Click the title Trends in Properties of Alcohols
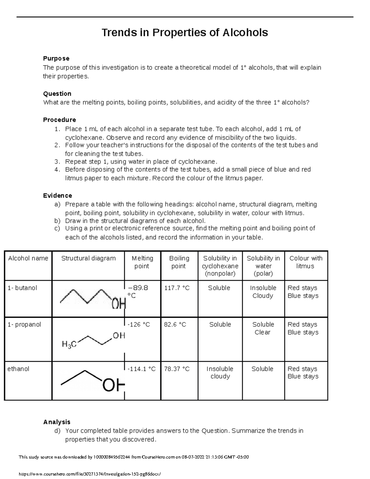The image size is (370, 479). pyautogui.click(x=185, y=32)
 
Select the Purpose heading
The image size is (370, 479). pyautogui.click(x=56, y=59)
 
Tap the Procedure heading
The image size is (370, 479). pyautogui.click(x=60, y=120)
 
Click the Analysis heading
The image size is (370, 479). pyautogui.click(x=57, y=422)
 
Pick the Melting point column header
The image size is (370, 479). pyautogui.click(x=142, y=262)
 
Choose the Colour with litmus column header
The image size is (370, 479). pyautogui.click(x=306, y=262)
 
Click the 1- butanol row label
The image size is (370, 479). pyautogui.click(x=22, y=288)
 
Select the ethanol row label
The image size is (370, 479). pyautogui.click(x=18, y=369)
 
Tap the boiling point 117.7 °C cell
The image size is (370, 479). pyautogui.click(x=177, y=288)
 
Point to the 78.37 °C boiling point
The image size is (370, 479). pyautogui.click(x=177, y=369)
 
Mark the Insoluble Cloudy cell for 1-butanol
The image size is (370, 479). pyautogui.click(x=263, y=292)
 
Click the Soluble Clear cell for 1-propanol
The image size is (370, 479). pyautogui.click(x=263, y=328)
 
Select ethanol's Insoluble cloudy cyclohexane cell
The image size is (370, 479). pyautogui.click(x=220, y=373)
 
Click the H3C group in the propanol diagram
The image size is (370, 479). pyautogui.click(x=69, y=344)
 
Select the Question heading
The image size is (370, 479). pyautogui.click(x=57, y=94)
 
